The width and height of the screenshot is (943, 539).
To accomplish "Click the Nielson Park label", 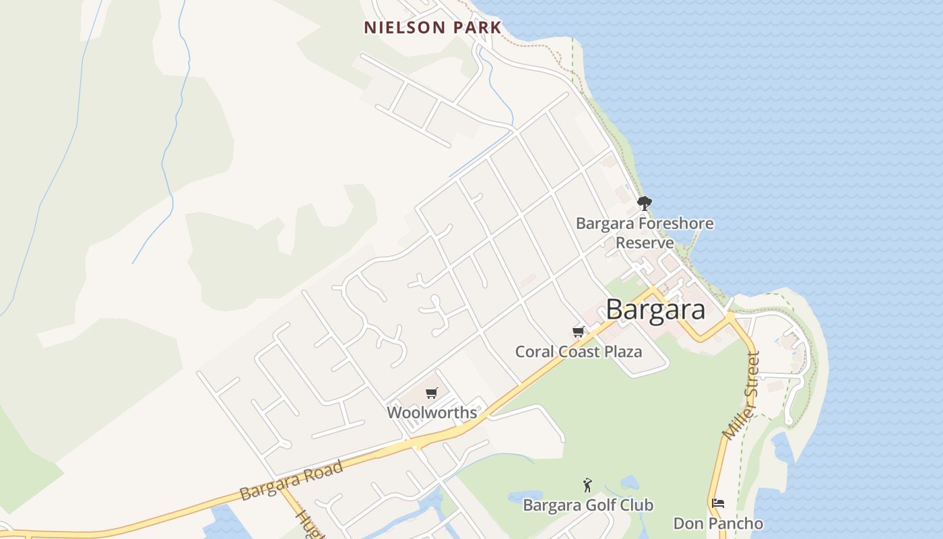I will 432,28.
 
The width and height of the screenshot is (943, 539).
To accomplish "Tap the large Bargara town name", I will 655,310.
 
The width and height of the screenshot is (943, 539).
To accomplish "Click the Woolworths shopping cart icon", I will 432,393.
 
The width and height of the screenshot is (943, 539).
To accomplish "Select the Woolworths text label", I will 432,412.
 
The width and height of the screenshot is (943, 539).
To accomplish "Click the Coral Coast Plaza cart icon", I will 578,331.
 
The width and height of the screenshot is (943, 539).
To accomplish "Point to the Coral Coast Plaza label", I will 578,352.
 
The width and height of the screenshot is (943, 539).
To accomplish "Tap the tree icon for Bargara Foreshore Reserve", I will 644,203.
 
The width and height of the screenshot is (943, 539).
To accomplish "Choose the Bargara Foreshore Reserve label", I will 645,232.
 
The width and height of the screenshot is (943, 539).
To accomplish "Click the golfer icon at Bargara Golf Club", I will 587,484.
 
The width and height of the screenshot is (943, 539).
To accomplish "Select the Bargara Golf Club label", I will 587,505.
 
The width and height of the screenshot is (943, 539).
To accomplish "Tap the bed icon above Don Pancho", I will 718,503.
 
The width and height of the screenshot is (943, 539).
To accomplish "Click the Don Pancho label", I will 718,524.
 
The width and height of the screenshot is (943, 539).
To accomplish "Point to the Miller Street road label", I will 741,396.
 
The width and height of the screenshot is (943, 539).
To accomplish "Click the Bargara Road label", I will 291,480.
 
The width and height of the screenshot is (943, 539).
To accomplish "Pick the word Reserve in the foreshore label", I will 645,243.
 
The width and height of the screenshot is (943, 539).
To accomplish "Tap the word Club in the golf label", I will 635,505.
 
